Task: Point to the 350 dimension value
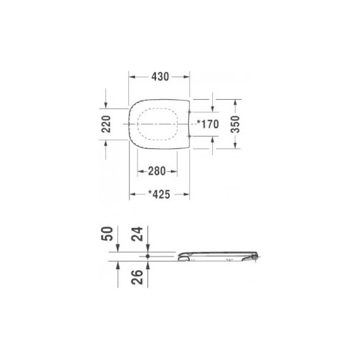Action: point(234,124)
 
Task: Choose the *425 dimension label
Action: point(160,195)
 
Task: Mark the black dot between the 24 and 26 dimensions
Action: point(147,256)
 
